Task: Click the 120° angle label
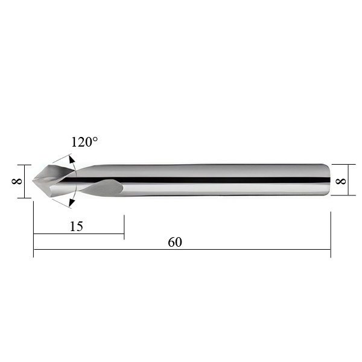(x=84, y=142)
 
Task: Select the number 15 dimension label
(x=77, y=226)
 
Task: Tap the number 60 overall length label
(x=175, y=242)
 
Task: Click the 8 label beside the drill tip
(x=17, y=181)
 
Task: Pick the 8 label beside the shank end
(x=340, y=181)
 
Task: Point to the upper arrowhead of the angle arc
(x=72, y=160)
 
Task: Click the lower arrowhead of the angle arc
(x=72, y=203)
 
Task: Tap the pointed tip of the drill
(x=33, y=180)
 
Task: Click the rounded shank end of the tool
(x=328, y=180)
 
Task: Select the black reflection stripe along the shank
(x=196, y=180)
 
